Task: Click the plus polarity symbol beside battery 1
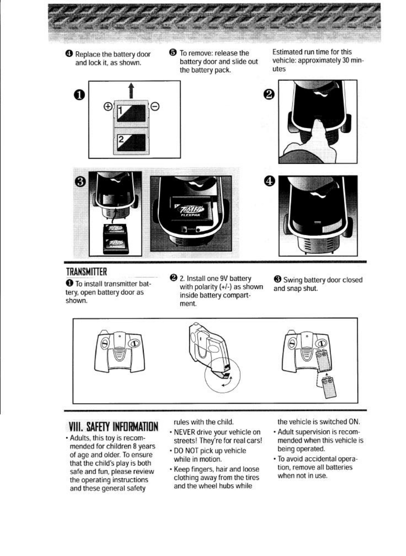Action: click(108, 107)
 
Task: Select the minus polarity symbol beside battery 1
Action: click(155, 107)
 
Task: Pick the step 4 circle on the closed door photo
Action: click(269, 181)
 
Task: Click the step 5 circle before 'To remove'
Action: click(173, 53)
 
